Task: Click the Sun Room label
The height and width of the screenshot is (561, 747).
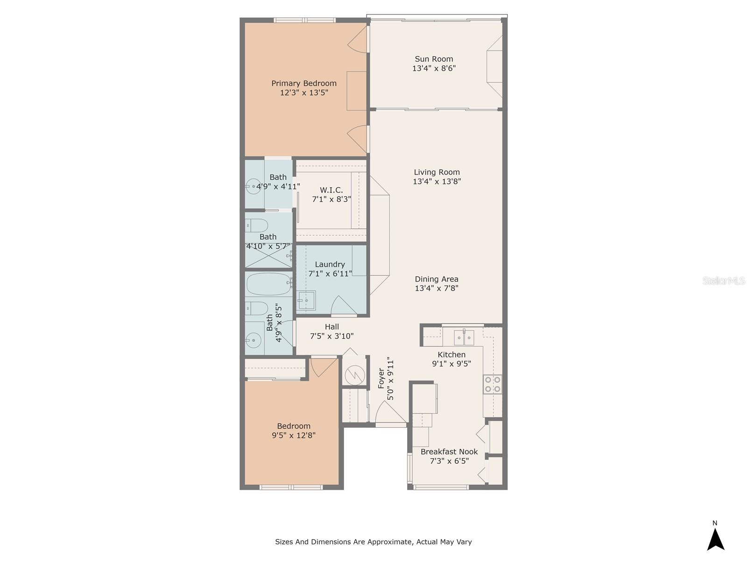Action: click(x=434, y=59)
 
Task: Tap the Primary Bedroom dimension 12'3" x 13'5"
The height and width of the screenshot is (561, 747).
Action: click(x=304, y=93)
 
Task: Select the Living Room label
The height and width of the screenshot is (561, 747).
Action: click(x=437, y=172)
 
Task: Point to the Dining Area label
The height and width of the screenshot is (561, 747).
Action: click(x=437, y=279)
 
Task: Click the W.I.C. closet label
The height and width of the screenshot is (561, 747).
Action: click(x=331, y=190)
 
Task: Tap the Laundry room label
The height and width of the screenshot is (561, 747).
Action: click(x=330, y=264)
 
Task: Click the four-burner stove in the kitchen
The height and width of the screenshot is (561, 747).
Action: click(x=493, y=384)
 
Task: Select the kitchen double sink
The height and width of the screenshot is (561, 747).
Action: click(x=464, y=337)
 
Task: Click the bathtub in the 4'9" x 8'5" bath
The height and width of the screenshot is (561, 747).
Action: click(x=268, y=284)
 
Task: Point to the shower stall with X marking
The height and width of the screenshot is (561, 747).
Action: click(x=268, y=257)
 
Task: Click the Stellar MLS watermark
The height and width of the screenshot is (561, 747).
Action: click(x=723, y=280)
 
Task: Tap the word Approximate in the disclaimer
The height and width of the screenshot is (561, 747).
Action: click(x=388, y=542)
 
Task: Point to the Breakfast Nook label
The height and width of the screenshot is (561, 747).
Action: click(x=449, y=452)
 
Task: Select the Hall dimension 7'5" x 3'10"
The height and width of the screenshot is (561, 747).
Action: click(x=331, y=336)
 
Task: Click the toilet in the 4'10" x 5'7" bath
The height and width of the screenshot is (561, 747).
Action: click(x=256, y=225)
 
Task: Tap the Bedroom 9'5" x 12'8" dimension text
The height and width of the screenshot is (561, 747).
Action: click(x=294, y=435)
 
